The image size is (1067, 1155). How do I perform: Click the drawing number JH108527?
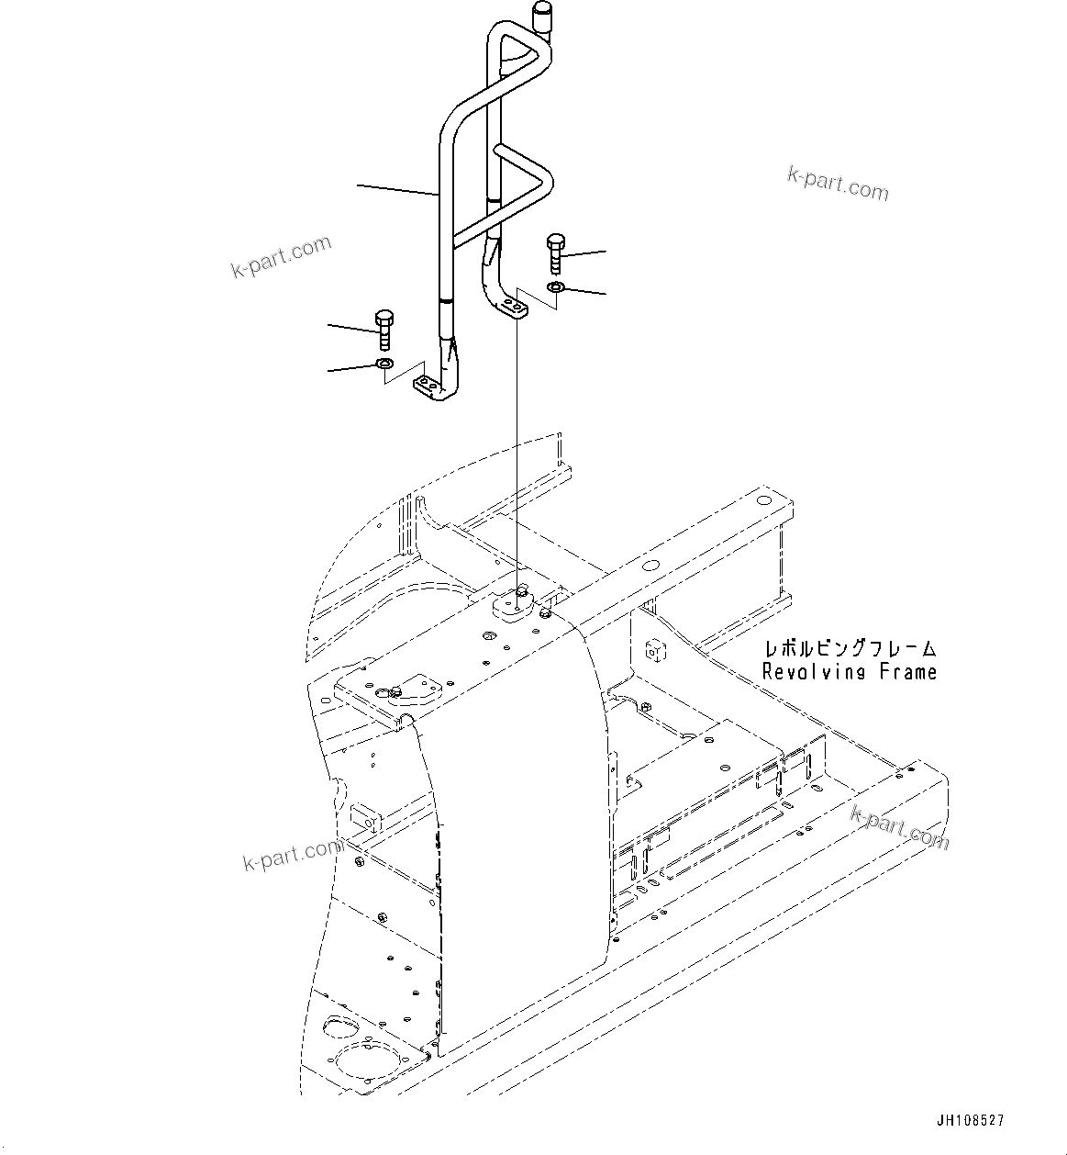tap(970, 1121)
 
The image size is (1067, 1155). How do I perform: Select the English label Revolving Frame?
tap(849, 672)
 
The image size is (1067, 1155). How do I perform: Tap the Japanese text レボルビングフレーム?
tap(849, 648)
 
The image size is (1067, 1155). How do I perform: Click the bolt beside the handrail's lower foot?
tap(384, 331)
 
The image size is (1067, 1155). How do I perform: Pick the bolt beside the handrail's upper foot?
tap(556, 252)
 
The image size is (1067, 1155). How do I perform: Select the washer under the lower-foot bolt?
tap(384, 367)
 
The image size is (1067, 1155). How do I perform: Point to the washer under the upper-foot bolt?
tap(556, 289)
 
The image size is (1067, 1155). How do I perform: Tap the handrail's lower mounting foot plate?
tap(428, 387)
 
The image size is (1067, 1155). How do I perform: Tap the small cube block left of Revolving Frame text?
tap(655, 650)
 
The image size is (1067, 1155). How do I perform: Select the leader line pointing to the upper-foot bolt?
tap(587, 251)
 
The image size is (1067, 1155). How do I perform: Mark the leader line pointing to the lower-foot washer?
tap(352, 369)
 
